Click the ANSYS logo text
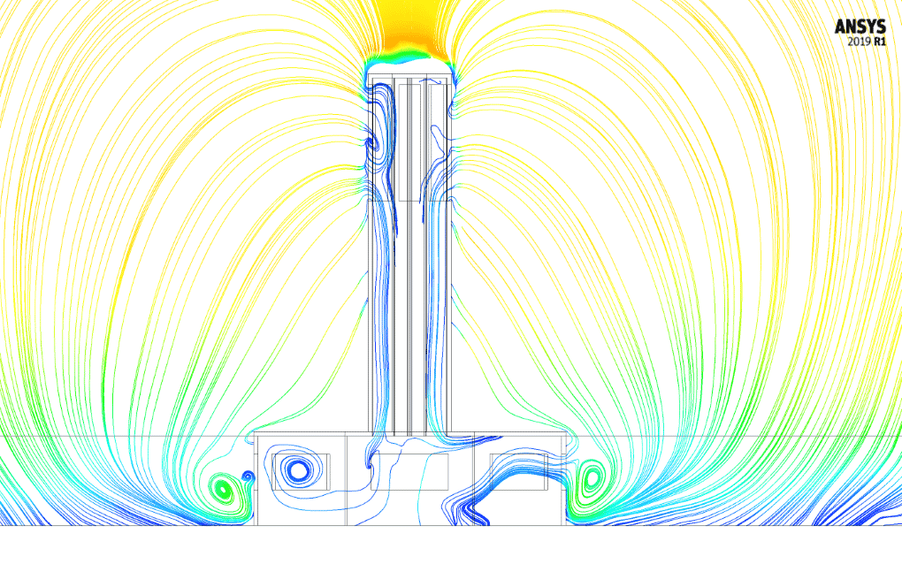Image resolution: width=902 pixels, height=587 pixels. (x=860, y=27)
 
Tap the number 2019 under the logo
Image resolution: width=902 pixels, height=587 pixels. (x=860, y=42)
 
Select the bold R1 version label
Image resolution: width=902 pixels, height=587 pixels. (x=880, y=42)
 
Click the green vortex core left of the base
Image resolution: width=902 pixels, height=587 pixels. (x=224, y=489)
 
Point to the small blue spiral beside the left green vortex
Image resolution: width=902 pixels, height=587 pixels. (x=248, y=476)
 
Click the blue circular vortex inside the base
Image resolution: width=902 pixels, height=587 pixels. (x=298, y=471)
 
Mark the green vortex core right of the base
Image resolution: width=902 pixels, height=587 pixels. (x=591, y=478)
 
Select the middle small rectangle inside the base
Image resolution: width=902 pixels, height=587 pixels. (x=409, y=471)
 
